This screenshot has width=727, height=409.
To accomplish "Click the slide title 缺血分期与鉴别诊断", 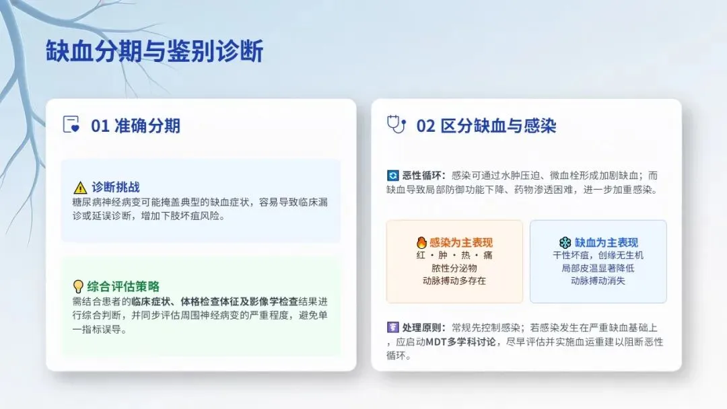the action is tap(154, 51).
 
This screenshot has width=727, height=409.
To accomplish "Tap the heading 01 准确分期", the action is tap(135, 126).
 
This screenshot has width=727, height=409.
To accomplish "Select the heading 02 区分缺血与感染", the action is tap(486, 126).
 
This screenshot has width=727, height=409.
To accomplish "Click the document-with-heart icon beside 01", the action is tap(71, 124).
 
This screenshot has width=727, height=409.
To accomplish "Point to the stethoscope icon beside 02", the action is tap(396, 124).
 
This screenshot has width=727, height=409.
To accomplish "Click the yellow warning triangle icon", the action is tap(80, 188).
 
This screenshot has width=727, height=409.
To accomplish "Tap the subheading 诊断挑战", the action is tap(116, 187).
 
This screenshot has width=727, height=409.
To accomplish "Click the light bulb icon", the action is tap(78, 287).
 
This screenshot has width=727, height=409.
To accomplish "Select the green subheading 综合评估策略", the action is tap(123, 287).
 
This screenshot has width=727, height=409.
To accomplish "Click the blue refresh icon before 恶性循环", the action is tap(392, 176).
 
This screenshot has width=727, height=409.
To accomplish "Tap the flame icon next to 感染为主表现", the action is tap(421, 242).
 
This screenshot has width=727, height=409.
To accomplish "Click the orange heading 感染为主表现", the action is tap(461, 242).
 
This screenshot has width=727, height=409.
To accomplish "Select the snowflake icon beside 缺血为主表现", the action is tap(565, 242).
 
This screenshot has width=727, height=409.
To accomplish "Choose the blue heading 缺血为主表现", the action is tap(607, 242).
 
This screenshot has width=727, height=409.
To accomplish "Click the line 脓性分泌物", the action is tap(454, 268).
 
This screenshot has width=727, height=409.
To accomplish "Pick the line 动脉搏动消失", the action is tap(598, 281).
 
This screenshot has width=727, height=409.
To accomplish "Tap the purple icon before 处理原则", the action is tap(392, 328).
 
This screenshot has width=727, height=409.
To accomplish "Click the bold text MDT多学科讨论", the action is tap(460, 342).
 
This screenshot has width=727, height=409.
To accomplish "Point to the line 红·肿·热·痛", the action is tap(454, 255).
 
